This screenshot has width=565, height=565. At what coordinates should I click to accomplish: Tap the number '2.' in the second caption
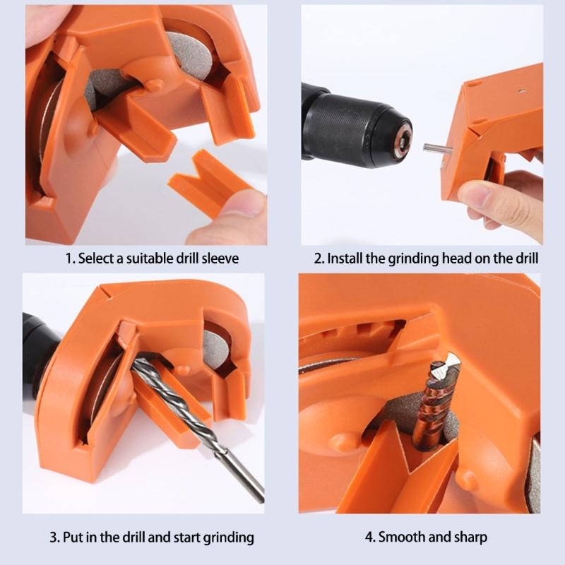coord(319,258)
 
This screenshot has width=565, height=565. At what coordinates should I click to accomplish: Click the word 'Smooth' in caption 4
coord(400,537)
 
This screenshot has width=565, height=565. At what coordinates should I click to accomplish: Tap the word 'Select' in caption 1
coord(95,258)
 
